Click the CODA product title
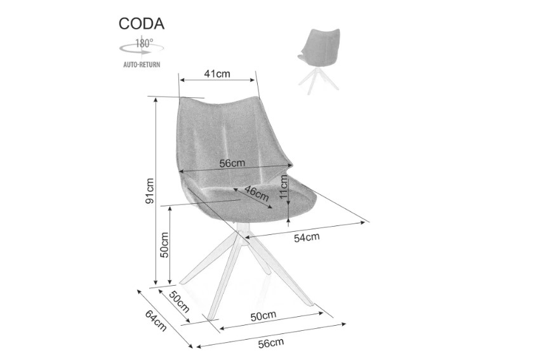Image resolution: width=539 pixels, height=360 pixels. pyautogui.click(x=142, y=23)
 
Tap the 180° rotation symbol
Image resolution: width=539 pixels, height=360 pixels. pyautogui.click(x=142, y=47)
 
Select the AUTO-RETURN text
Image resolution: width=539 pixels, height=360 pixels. pyautogui.click(x=142, y=64)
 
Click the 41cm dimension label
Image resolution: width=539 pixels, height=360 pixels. pyautogui.click(x=217, y=74)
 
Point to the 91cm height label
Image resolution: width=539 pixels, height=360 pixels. pyautogui.click(x=150, y=191)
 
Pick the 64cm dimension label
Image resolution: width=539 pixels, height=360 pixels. pyautogui.click(x=156, y=321)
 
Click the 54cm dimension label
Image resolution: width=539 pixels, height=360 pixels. pyautogui.click(x=307, y=237)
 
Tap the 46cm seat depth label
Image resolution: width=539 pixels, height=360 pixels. pyautogui.click(x=256, y=194)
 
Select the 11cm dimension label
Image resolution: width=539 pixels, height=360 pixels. pyautogui.click(x=283, y=186)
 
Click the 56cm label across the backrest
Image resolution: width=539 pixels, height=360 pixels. pyautogui.click(x=232, y=163)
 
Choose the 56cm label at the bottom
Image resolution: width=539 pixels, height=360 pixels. pyautogui.click(x=271, y=343)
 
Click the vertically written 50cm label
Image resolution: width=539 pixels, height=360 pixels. pyautogui.click(x=164, y=245)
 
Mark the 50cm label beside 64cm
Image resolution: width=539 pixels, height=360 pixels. pyautogui.click(x=179, y=302)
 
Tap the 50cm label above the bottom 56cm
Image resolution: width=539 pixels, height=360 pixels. pyautogui.click(x=263, y=316)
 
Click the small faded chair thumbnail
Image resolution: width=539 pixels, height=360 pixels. pyautogui.click(x=318, y=62)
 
